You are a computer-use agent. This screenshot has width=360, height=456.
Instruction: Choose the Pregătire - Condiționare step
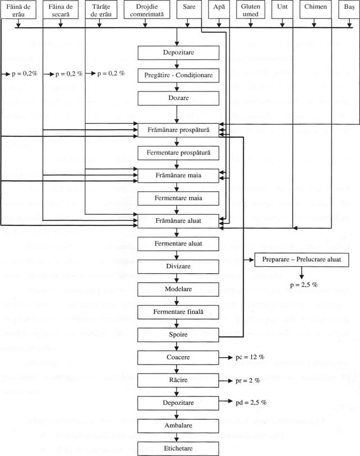coord(177,75)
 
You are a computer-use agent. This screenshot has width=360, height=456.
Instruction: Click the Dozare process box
coord(177,98)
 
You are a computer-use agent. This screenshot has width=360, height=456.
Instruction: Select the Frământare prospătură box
coord(177,130)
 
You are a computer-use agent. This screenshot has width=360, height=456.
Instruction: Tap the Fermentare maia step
coord(177,198)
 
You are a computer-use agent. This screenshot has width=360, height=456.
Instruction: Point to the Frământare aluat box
coord(177,221)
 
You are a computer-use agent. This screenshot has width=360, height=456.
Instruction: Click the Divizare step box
coord(177,266)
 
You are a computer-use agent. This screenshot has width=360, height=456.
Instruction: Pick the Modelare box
coord(177,288)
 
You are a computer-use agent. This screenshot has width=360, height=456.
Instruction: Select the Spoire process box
coord(177,335)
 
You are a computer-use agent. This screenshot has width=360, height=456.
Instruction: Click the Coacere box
coord(177,357)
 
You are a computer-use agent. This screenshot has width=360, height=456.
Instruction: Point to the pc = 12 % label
coord(250,357)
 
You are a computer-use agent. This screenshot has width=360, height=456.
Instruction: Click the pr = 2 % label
coord(247,380)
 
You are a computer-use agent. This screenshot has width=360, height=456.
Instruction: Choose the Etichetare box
coord(177,448)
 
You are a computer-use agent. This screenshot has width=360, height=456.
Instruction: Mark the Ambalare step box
coord(177,425)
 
